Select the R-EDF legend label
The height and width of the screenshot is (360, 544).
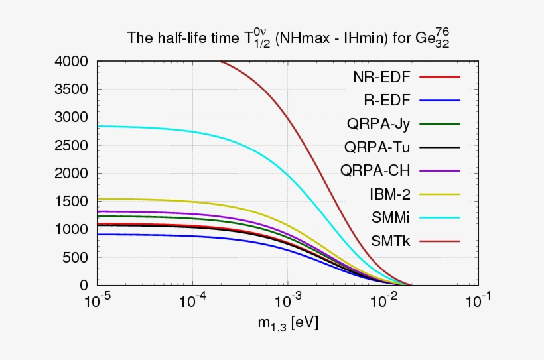[387, 100]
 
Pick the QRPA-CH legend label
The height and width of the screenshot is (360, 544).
[375, 170]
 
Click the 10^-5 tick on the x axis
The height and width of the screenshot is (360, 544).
[98, 301]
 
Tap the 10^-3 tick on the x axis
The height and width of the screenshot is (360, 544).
[287, 301]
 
